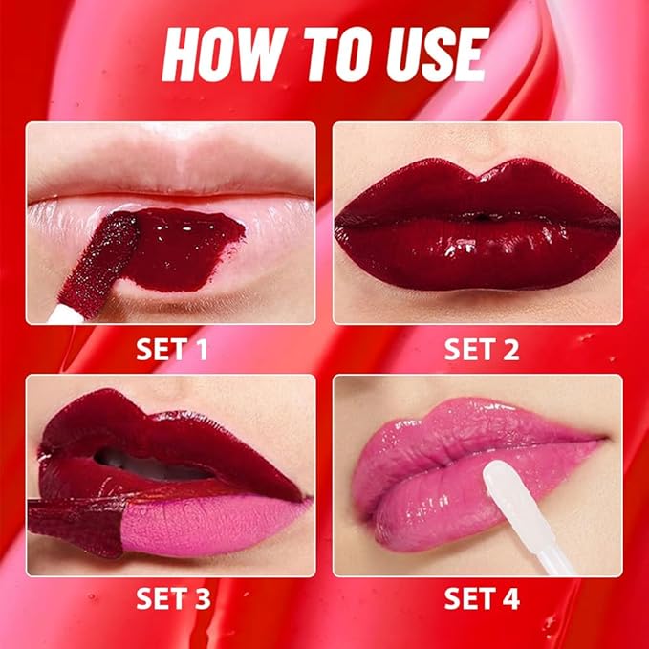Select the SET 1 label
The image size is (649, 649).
pyautogui.click(x=171, y=349)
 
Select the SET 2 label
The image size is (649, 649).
pyautogui.click(x=481, y=349)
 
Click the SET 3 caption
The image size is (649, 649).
pyautogui.click(x=171, y=599)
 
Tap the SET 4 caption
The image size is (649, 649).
pyautogui.click(x=481, y=599)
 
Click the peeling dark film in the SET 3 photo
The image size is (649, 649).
pyautogui.click(x=76, y=526)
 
